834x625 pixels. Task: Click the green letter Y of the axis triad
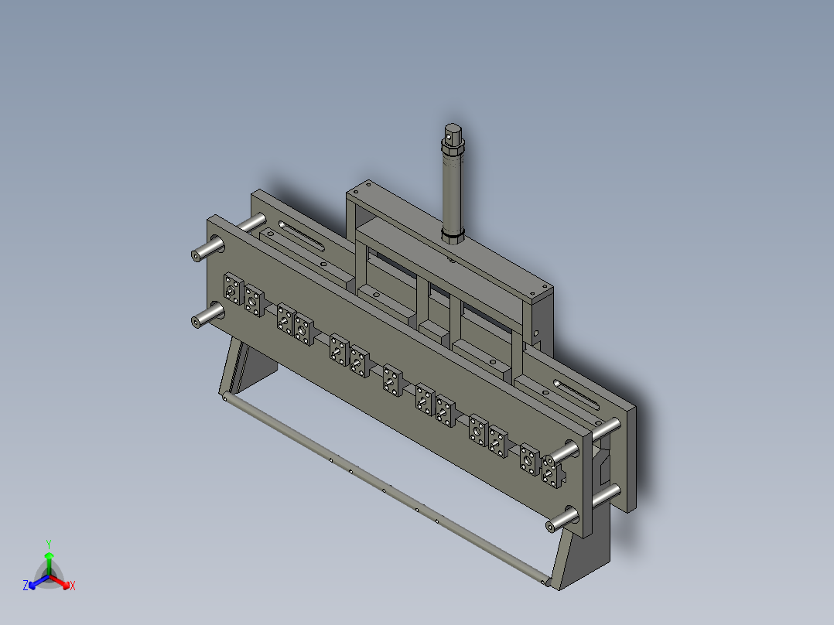49,543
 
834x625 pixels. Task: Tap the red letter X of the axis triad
72,586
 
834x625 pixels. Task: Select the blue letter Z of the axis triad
26,586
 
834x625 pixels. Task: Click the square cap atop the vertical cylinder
453,133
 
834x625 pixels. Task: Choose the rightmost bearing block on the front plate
551,474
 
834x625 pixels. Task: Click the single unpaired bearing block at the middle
391,380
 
